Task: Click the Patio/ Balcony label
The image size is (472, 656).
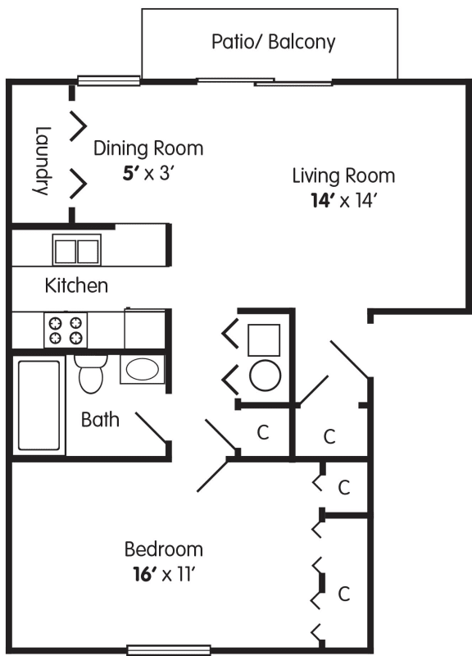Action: [274, 42]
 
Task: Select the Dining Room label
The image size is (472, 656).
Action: [148, 148]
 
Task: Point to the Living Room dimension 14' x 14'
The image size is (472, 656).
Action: [342, 201]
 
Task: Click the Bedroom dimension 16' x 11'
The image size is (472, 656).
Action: [165, 575]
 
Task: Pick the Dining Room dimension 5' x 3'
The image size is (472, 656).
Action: [148, 173]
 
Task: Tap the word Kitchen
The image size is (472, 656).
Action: [76, 285]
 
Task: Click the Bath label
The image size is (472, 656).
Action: [100, 419]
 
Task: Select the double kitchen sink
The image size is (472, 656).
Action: [77, 250]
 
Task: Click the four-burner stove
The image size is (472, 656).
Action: [66, 330]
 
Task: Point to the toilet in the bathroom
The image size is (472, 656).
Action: [91, 374]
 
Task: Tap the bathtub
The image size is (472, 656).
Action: [39, 405]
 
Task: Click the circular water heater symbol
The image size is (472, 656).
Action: [265, 376]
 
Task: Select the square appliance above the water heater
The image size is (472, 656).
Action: [264, 340]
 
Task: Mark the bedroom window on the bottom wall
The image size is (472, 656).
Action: [169, 649]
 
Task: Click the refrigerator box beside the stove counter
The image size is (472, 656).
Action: [145, 329]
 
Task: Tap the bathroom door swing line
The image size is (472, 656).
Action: [152, 427]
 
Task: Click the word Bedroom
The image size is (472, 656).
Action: [164, 549]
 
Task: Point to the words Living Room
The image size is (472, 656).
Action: [343, 175]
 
